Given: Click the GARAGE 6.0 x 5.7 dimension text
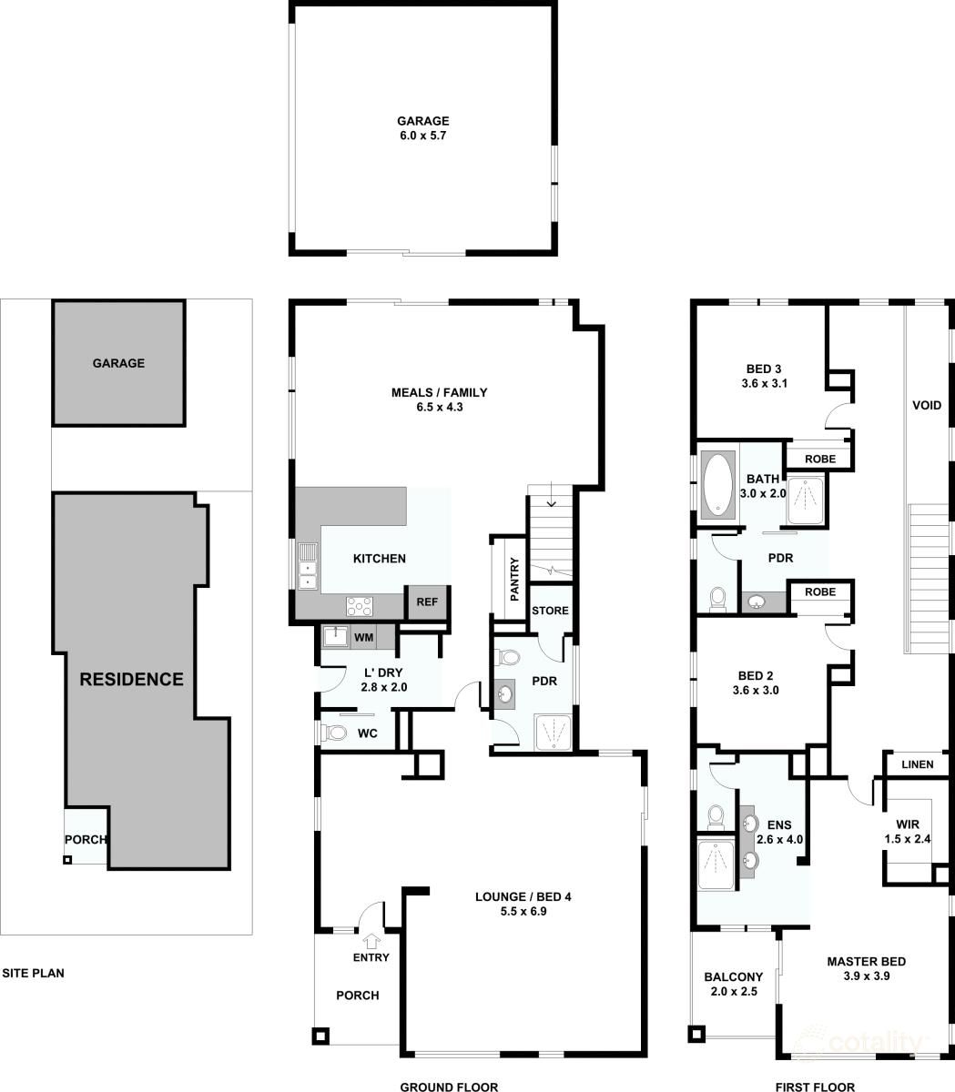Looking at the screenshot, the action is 422,136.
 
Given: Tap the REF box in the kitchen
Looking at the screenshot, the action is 427,602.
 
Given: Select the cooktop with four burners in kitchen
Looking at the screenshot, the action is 360,607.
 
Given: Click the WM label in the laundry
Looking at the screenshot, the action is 364,637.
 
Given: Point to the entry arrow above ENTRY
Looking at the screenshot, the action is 371,939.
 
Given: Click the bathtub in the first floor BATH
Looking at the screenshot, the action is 717,485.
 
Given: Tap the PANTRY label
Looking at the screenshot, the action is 514,579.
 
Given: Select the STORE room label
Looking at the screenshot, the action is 550,611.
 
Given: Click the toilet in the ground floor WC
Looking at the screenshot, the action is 333,733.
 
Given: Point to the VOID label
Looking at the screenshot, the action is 927,405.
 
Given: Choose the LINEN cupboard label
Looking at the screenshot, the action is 918,764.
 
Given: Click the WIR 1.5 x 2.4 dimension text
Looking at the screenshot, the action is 908,839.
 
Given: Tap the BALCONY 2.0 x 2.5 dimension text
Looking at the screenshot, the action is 734,991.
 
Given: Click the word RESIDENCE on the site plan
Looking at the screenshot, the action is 131,680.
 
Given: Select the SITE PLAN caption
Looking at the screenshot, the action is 33,973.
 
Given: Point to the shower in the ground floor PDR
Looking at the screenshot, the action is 553,733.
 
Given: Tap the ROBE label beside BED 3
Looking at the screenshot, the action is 820,459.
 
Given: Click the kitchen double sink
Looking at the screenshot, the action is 308,567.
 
